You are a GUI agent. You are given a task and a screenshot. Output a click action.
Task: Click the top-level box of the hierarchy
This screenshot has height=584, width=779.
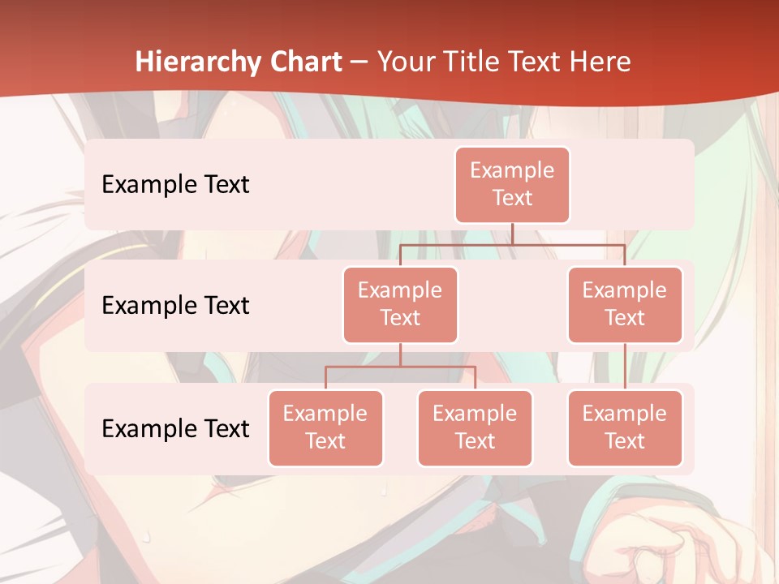[512, 184]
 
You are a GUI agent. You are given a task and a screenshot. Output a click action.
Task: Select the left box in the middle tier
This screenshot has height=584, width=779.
[400, 304]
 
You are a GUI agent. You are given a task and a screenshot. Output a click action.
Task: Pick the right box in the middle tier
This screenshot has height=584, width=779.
[625, 304]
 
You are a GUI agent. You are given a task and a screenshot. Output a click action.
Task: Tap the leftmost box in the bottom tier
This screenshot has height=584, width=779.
[325, 427]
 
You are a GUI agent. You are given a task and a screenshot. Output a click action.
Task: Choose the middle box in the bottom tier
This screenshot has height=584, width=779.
[475, 427]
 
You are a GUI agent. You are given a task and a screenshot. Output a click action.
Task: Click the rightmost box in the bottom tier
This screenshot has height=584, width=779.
[625, 427]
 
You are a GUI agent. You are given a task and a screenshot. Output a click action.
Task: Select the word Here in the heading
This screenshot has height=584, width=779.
[602, 62]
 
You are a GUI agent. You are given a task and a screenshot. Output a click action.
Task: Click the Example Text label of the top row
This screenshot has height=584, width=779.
[175, 184]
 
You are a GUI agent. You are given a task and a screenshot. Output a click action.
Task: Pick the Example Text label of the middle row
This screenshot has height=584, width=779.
[175, 305]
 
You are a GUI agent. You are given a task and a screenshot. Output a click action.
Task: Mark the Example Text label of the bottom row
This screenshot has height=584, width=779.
[175, 428]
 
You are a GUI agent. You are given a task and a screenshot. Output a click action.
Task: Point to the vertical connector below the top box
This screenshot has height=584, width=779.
[513, 234]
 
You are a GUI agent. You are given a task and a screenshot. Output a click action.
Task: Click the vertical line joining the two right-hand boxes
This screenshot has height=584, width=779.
[625, 367]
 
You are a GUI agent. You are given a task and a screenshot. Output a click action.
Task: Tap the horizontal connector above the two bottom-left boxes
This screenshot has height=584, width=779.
[400, 367]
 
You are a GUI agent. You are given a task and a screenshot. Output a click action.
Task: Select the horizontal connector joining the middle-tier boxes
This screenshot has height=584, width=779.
[513, 244]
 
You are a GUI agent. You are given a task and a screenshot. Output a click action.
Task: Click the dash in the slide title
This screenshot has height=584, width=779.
[359, 62]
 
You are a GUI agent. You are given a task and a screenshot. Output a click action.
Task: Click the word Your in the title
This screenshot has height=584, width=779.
[404, 62]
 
